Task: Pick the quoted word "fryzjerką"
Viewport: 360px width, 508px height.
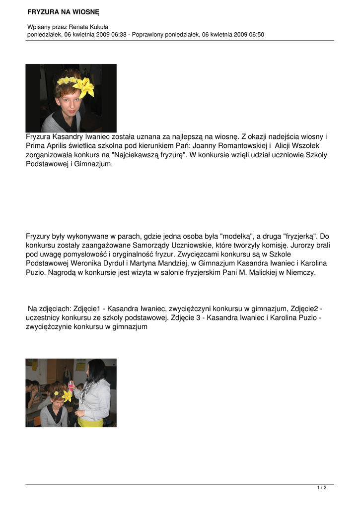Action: click(x=302, y=236)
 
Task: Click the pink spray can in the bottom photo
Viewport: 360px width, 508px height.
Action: click(x=71, y=386)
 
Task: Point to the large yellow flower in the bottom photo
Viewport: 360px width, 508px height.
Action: click(x=66, y=395)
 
